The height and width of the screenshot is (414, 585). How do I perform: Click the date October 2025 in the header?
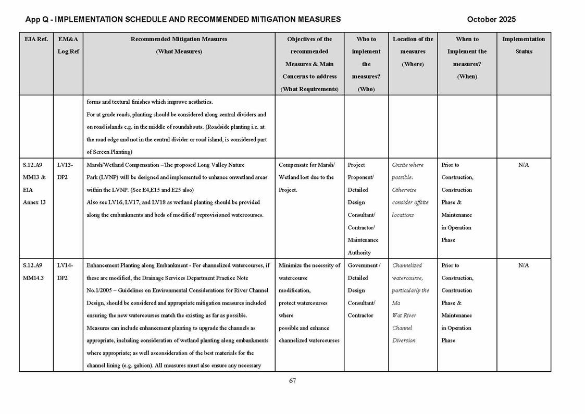(x=491, y=19)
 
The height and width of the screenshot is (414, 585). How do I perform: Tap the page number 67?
(x=292, y=381)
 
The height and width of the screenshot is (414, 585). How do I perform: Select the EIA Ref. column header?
(x=36, y=39)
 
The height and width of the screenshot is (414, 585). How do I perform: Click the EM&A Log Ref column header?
(x=68, y=45)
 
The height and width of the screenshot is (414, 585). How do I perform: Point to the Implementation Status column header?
(x=524, y=45)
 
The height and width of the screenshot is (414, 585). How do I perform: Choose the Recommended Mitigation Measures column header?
(x=179, y=45)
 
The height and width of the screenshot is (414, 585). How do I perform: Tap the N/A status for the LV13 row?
(x=524, y=165)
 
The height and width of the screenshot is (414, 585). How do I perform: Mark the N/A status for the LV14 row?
(x=524, y=265)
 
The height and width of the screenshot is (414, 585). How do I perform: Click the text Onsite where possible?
(x=407, y=171)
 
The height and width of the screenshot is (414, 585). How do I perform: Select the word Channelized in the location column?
(x=407, y=265)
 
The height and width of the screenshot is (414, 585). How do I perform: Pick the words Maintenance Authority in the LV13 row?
(x=363, y=246)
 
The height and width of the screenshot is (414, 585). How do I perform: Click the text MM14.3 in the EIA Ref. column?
(x=33, y=278)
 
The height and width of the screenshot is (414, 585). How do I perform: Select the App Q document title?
(x=183, y=19)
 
